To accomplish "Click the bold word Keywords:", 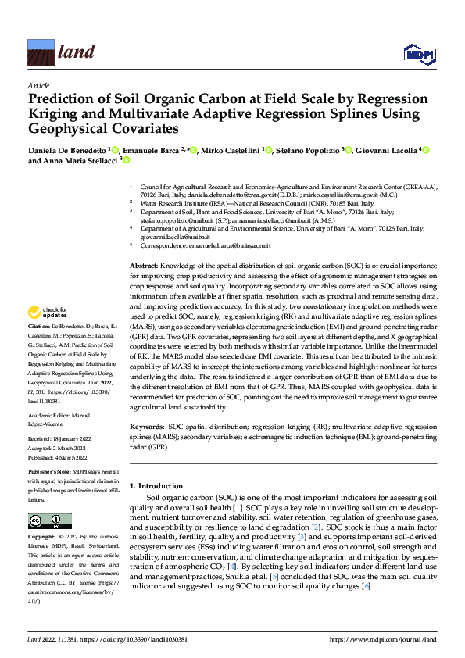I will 147,427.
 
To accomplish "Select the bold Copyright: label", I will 42,538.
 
